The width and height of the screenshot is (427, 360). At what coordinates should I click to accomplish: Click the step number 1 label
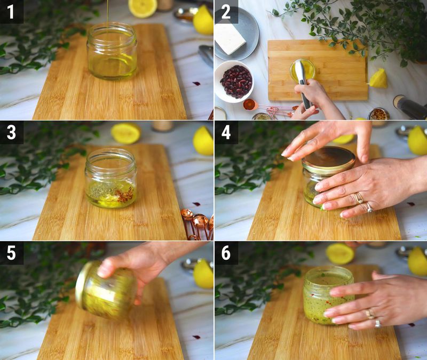coord(11,11)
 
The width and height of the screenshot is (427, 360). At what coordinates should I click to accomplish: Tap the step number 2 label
coord(226,11)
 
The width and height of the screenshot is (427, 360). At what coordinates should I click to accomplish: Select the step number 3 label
coord(11,132)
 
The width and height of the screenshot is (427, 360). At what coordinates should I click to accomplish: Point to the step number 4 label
coord(226,132)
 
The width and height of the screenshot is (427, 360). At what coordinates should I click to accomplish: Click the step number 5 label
coord(11,253)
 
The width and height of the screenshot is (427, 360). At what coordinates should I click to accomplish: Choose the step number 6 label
coord(226,253)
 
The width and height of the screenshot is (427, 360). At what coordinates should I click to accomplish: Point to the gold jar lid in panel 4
coord(328,160)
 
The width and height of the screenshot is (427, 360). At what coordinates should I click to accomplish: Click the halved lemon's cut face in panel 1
coord(143,8)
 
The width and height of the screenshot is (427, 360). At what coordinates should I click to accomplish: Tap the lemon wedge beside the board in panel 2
coord(378,78)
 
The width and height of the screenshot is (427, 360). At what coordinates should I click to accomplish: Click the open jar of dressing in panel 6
coord(329,295)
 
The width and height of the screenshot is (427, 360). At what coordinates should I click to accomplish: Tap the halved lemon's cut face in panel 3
coord(126,133)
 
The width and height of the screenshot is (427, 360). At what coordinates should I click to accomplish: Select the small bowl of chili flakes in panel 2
coord(378,114)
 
